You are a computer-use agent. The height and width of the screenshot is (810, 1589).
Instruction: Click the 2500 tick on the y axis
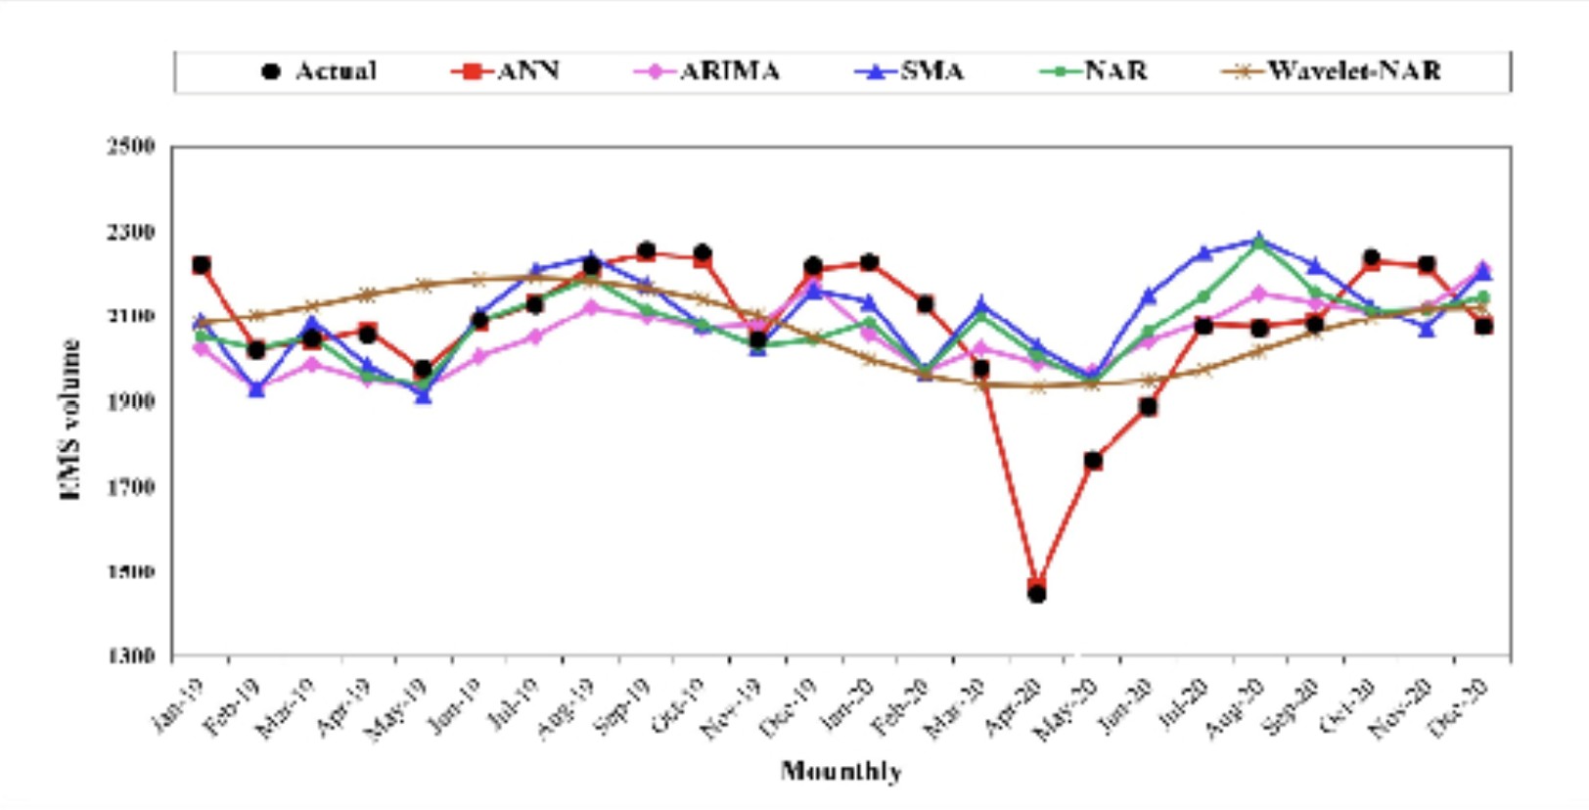click(x=131, y=147)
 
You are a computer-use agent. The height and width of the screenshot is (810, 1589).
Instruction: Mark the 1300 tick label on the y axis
click(x=131, y=655)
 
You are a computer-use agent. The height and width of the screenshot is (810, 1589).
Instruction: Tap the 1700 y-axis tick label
click(x=131, y=486)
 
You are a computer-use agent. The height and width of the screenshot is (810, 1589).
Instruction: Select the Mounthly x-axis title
click(x=840, y=771)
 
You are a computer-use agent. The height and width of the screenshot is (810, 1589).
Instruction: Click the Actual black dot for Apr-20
click(x=1037, y=593)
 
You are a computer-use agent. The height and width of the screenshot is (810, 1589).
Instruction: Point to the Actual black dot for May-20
click(x=1093, y=460)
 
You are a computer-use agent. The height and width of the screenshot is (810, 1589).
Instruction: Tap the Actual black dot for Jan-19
click(x=202, y=265)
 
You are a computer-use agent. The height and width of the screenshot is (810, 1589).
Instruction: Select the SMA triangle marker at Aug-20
click(x=1259, y=239)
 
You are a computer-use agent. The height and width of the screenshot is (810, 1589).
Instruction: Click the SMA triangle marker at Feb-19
click(x=256, y=389)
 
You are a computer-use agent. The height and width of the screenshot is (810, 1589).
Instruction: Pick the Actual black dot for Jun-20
click(x=1149, y=406)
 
